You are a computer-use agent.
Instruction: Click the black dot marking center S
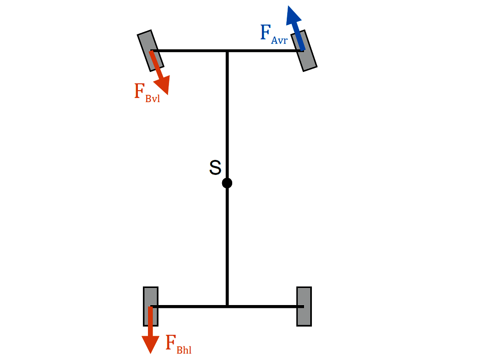(227, 183)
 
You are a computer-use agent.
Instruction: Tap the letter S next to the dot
(215, 168)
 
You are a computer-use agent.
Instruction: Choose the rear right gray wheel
(304, 306)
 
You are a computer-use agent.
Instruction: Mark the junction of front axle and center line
(227, 51)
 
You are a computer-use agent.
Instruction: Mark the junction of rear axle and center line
(227, 306)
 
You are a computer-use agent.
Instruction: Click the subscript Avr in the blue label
(279, 40)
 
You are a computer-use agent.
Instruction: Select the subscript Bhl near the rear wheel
(184, 350)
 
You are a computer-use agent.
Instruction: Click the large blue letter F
(265, 33)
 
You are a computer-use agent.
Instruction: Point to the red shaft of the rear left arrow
(150, 321)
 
